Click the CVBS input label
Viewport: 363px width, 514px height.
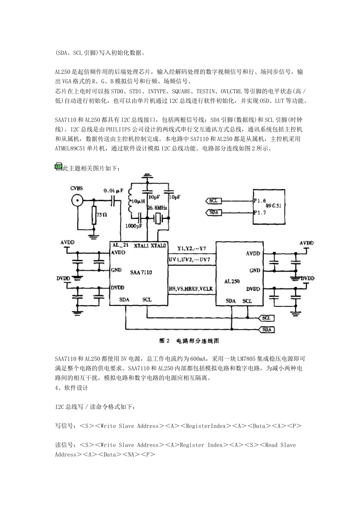tap(77, 188)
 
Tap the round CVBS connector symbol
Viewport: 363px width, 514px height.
tap(77, 200)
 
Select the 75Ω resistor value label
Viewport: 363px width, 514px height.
tap(101, 215)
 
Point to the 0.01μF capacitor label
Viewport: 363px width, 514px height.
tap(113, 190)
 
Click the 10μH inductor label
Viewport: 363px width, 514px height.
tap(137, 201)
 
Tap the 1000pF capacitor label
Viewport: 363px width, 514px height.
tap(134, 226)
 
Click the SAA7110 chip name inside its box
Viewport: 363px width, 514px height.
tap(141, 272)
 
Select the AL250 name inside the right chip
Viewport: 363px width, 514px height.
tap(232, 281)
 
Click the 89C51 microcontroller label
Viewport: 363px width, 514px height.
tap(274, 205)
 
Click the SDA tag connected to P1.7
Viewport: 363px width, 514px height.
tap(214, 212)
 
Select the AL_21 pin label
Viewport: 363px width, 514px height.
tap(120, 245)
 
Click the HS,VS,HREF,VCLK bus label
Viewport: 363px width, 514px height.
tap(191, 289)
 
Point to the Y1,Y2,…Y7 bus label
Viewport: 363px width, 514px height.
tap(191, 249)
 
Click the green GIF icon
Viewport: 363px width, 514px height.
tap(58, 166)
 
